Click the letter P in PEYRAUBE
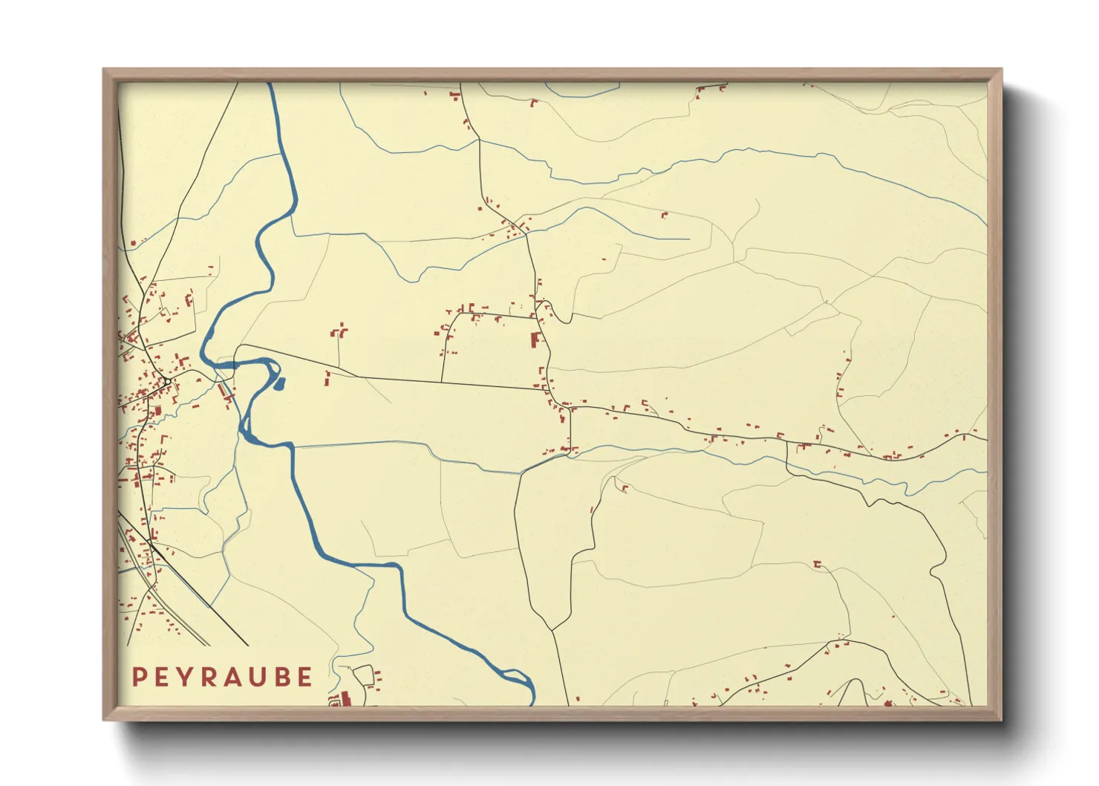139,677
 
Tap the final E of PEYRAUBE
305,677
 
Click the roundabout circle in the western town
168,382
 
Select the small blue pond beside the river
280,383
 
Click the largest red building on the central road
534,340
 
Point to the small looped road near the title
364,675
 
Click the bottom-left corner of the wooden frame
105,719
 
